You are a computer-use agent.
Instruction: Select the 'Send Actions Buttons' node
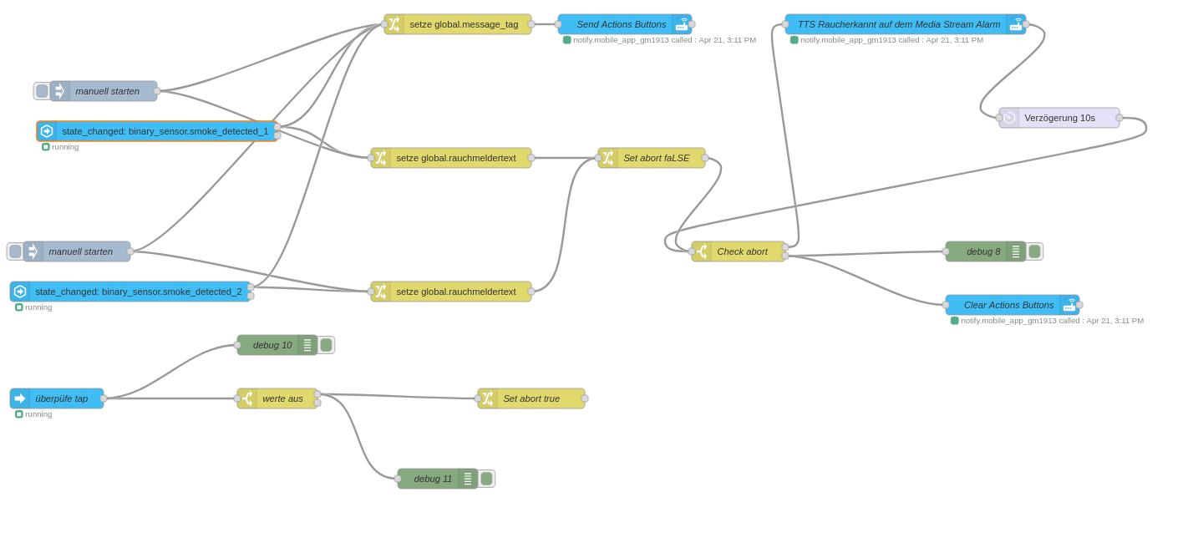coord(621,24)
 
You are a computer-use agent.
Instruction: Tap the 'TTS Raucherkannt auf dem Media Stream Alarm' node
coord(898,24)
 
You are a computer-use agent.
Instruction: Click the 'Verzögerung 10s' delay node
coord(1059,118)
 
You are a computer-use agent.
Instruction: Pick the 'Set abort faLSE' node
coord(656,158)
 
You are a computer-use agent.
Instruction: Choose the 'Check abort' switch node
coord(742,251)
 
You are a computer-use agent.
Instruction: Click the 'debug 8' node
coord(982,251)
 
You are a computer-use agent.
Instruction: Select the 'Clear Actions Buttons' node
coord(1008,305)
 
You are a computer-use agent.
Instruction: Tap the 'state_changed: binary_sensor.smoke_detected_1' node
coord(165,131)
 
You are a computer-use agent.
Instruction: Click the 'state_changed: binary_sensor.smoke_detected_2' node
coord(138,292)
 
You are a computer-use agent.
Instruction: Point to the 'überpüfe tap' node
coord(61,398)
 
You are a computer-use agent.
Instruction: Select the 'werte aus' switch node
coord(282,398)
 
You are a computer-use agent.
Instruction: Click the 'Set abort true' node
coord(531,398)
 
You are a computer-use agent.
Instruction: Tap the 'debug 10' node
coord(272,345)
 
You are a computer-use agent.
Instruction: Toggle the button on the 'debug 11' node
coord(486,479)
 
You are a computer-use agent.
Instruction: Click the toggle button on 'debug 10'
coord(326,345)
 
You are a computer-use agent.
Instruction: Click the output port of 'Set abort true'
coord(585,398)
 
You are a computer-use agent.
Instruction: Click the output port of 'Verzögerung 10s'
coord(1119,118)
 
